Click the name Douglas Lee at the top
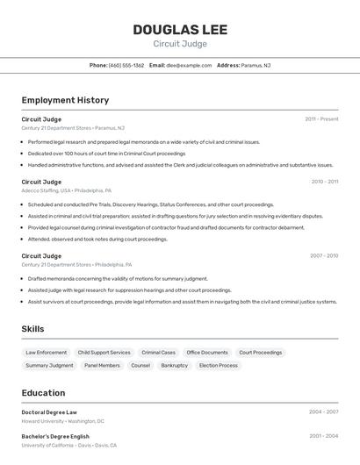pyautogui.click(x=180, y=30)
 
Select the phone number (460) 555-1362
pyautogui.click(x=126, y=65)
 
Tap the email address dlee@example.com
pyautogui.click(x=189, y=65)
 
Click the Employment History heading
pyautogui.click(x=65, y=100)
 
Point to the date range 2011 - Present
pyautogui.click(x=321, y=118)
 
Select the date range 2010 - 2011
pyautogui.click(x=324, y=182)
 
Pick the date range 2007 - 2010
pyautogui.click(x=323, y=255)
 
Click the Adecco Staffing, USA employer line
pyautogui.click(x=66, y=190)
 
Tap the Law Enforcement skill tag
pyautogui.click(x=46, y=353)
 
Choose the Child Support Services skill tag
pyautogui.click(x=104, y=353)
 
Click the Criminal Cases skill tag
pyautogui.click(x=158, y=353)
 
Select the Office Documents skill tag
pyautogui.click(x=207, y=353)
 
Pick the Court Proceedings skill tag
pyautogui.click(x=261, y=353)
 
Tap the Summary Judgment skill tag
pyautogui.click(x=49, y=365)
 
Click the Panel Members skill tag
pyautogui.click(x=102, y=365)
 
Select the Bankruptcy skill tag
pyautogui.click(x=174, y=365)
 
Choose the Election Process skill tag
pyautogui.click(x=219, y=365)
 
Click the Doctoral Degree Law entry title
pyautogui.click(x=49, y=411)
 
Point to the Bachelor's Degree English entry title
pyautogui.click(x=55, y=436)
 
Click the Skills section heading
pyautogui.click(x=33, y=329)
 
